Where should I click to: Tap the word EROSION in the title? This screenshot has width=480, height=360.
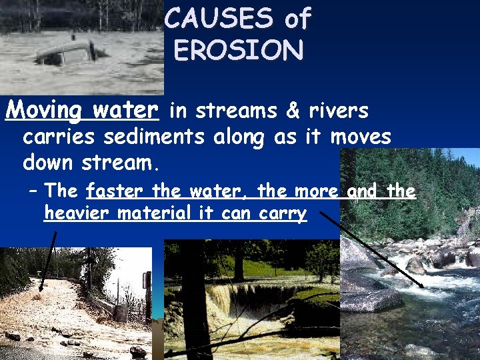click(238, 50)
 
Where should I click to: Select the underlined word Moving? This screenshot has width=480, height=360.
click(44, 109)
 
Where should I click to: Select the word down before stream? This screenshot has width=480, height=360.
click(48, 162)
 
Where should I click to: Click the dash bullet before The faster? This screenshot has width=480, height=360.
click(33, 192)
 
